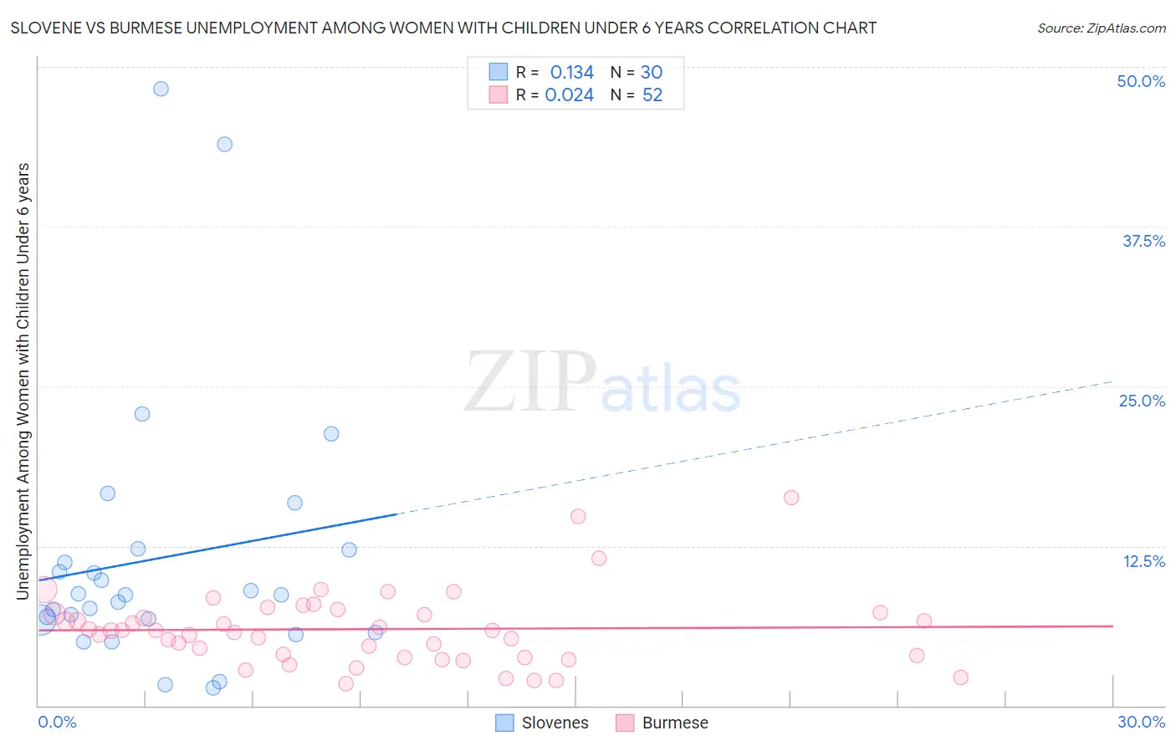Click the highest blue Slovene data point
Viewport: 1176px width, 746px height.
pyautogui.click(x=161, y=89)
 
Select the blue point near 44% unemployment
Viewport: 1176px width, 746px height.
pyautogui.click(x=224, y=144)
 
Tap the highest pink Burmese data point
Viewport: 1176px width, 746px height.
pyautogui.click(x=791, y=498)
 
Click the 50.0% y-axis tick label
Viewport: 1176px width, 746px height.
pyautogui.click(x=1141, y=81)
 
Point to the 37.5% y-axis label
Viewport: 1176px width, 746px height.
pyautogui.click(x=1143, y=241)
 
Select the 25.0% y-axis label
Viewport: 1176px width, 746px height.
pyautogui.click(x=1142, y=401)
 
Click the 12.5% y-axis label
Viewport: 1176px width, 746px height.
pyautogui.click(x=1143, y=561)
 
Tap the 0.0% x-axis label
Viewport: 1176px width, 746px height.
pyautogui.click(x=57, y=722)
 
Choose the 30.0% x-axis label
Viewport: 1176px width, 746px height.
pyautogui.click(x=1141, y=722)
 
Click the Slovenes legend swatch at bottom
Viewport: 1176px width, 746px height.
pyautogui.click(x=504, y=723)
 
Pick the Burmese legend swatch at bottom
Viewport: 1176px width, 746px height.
pyautogui.click(x=625, y=723)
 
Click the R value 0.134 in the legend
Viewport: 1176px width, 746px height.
pyautogui.click(x=571, y=72)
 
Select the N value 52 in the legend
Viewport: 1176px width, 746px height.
pyautogui.click(x=652, y=95)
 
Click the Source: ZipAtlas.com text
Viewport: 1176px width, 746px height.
pyautogui.click(x=1101, y=28)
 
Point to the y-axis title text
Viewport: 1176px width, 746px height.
pyautogui.click(x=23, y=381)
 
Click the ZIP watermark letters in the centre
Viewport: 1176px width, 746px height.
pyautogui.click(x=529, y=382)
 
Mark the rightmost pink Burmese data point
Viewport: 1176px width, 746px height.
pyautogui.click(x=960, y=677)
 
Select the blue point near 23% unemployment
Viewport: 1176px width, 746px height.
pyautogui.click(x=142, y=414)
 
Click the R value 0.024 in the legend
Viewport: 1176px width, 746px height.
pyautogui.click(x=569, y=95)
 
